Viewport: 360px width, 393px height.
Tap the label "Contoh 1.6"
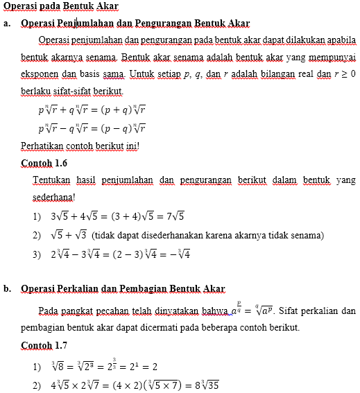point(44,164)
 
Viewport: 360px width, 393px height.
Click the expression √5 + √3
point(69,235)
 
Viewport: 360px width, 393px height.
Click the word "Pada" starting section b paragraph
point(49,309)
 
